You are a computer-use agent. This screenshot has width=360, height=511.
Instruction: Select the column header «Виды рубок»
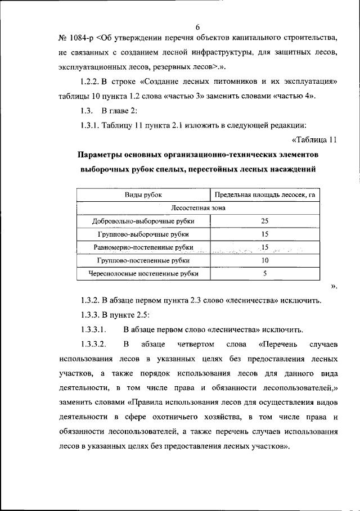pos(143,195)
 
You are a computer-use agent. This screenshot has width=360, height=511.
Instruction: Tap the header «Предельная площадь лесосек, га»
pos(264,195)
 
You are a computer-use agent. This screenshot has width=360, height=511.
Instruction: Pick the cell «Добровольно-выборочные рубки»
pos(143,221)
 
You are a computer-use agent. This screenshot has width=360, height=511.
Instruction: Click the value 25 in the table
pos(264,221)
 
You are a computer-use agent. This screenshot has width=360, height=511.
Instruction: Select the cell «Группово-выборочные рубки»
pos(143,234)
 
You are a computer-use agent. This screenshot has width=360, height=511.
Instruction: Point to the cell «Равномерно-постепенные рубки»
pos(143,247)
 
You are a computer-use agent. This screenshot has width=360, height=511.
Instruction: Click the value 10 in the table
pos(264,261)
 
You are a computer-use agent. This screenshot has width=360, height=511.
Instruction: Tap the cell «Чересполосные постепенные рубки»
pos(143,274)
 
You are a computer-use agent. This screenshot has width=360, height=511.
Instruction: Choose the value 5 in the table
pos(264,274)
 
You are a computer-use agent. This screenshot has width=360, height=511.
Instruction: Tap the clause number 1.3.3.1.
pos(93,328)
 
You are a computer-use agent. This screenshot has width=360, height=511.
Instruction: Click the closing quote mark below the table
pos(334,287)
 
